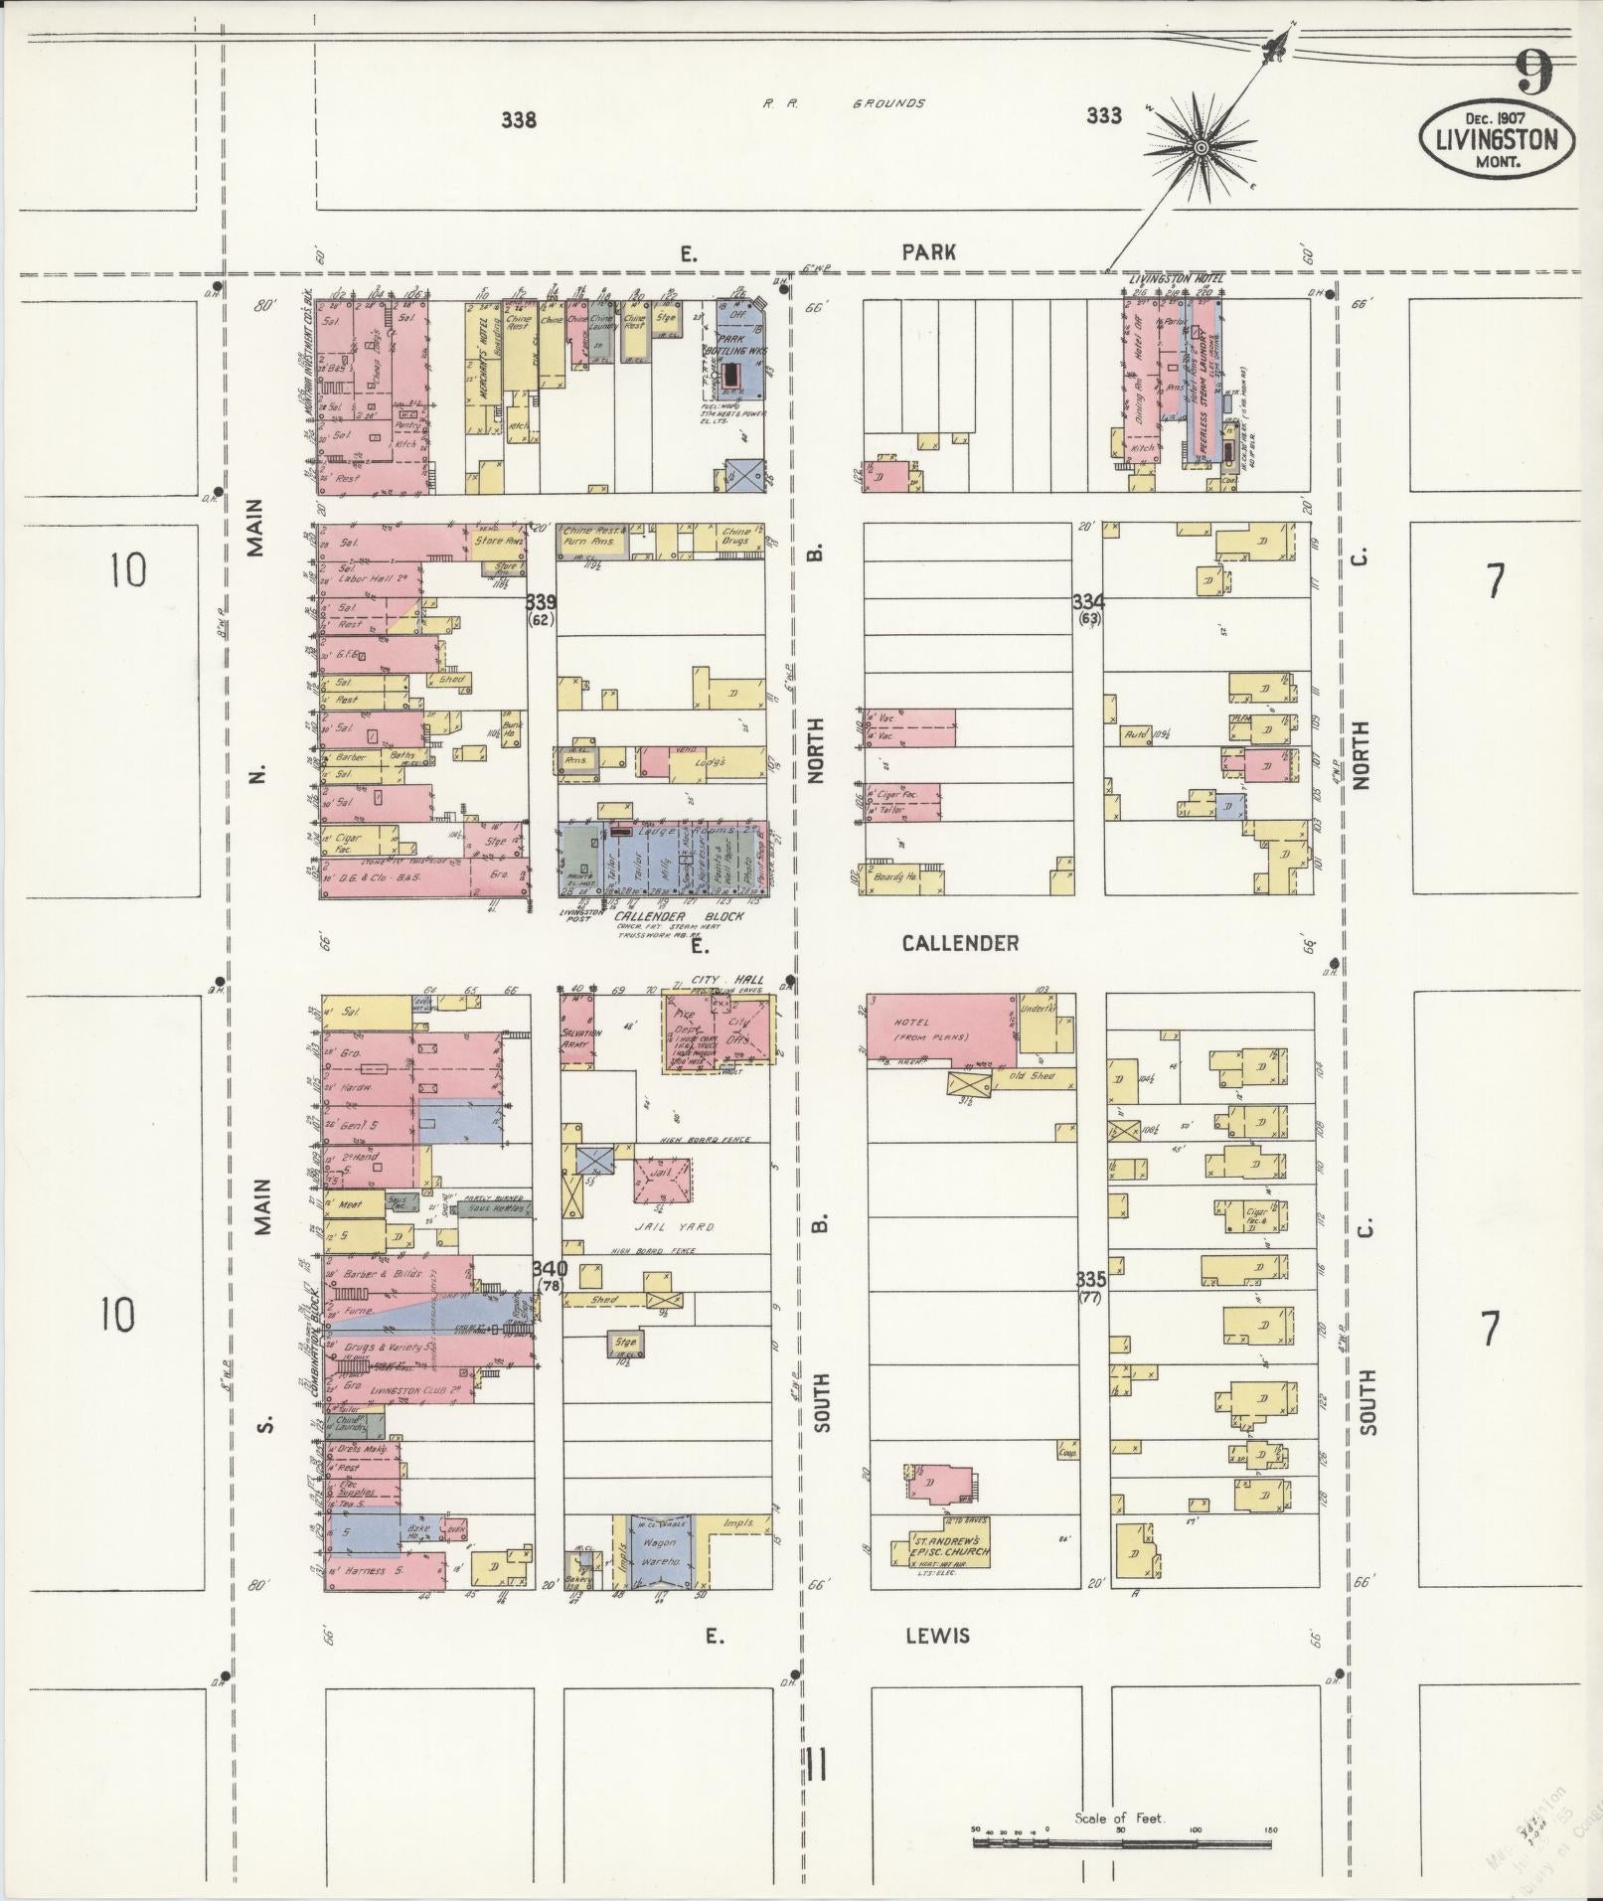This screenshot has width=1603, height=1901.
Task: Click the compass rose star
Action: pos(1201,148)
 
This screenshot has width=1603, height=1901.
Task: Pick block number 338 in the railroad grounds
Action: pos(519,120)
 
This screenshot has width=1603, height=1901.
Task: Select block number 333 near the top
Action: pos(1103,116)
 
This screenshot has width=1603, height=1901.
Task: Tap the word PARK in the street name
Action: pos(928,252)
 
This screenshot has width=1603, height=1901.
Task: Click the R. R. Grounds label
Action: pos(844,103)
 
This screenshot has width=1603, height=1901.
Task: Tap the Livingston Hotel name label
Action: pos(1176,279)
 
